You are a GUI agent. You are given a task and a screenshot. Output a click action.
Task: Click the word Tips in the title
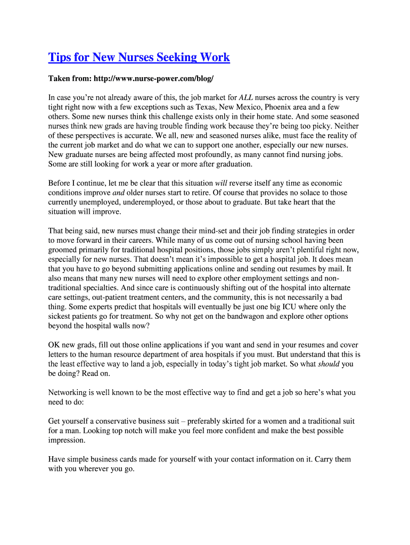[x=59, y=57]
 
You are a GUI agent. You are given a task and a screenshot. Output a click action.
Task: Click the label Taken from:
[x=70, y=79]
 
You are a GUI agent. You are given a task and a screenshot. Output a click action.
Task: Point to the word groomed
[x=62, y=250]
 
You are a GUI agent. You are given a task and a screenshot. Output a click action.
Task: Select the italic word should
[x=329, y=364]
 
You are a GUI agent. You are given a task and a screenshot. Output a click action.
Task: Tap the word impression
[x=67, y=440]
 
